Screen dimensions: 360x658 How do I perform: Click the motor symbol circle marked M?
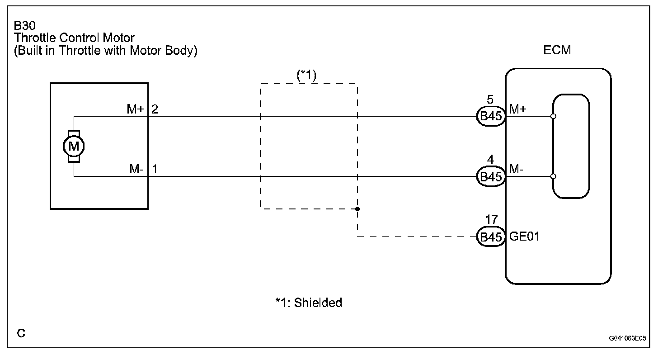[74, 146]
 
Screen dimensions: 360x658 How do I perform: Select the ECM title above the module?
[557, 50]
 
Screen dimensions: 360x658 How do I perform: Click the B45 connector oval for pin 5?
[490, 117]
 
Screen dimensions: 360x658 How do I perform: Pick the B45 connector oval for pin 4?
[490, 177]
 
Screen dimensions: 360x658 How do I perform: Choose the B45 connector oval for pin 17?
[490, 237]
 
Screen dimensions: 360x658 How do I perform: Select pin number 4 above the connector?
[491, 160]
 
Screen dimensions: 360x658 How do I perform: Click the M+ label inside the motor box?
[136, 109]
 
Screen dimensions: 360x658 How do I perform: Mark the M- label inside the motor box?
[136, 170]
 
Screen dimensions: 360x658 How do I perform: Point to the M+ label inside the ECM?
[517, 109]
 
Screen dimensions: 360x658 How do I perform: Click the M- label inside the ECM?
[517, 169]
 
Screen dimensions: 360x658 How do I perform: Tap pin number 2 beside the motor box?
[155, 109]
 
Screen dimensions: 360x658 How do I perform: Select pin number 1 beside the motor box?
[155, 170]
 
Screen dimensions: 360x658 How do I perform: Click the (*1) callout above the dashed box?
[306, 75]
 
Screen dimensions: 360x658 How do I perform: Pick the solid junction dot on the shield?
[357, 209]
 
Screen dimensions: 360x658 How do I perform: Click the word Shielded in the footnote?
[318, 303]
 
